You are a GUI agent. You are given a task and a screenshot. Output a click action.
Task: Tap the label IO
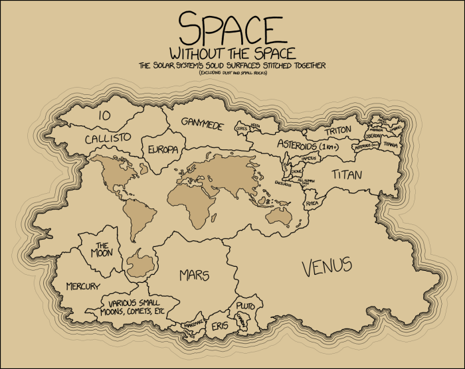point(104,115)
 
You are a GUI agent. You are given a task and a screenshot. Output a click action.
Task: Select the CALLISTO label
point(106,138)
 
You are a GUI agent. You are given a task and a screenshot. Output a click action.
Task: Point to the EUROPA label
point(163,149)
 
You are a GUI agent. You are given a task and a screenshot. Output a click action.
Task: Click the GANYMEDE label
point(202,125)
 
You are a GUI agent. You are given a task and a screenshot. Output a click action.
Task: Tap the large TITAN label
point(349,175)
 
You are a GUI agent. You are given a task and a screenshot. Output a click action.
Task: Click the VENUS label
point(326,267)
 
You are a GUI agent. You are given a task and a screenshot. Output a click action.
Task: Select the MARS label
point(194,275)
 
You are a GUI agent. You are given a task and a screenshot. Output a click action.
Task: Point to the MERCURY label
point(83,287)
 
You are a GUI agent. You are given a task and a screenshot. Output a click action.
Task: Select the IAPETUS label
point(310,159)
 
